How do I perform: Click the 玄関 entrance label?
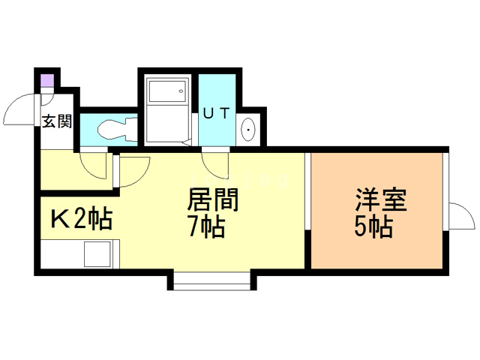[x=55, y=121]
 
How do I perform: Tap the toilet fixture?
[x=112, y=130]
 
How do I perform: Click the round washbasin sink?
[x=247, y=131]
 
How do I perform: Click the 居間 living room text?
[x=212, y=200]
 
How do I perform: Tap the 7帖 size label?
[x=206, y=226]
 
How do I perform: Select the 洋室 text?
[x=380, y=201]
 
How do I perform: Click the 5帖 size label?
[x=374, y=226]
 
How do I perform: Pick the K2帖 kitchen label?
[x=81, y=219]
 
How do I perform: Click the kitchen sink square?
[x=97, y=254]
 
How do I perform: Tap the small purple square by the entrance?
[x=46, y=79]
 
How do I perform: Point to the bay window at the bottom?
[x=212, y=281]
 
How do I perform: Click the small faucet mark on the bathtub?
[x=180, y=91]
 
